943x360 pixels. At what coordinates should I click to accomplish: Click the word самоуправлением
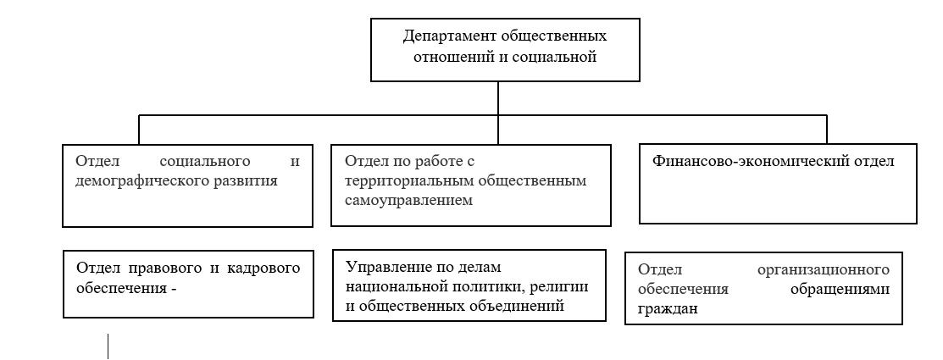tap(409, 201)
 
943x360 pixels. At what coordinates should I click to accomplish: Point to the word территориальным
tap(408, 181)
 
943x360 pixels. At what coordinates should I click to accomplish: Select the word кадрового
tap(263, 268)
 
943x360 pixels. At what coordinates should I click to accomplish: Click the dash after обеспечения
tap(174, 289)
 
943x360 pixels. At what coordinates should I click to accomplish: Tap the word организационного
tap(824, 270)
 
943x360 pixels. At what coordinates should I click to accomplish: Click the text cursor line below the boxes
tap(108, 346)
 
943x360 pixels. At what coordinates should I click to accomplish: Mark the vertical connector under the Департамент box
tap(498, 113)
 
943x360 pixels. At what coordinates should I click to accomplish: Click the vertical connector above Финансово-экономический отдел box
tap(827, 130)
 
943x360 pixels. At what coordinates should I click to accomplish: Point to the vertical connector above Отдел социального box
tap(139, 130)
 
